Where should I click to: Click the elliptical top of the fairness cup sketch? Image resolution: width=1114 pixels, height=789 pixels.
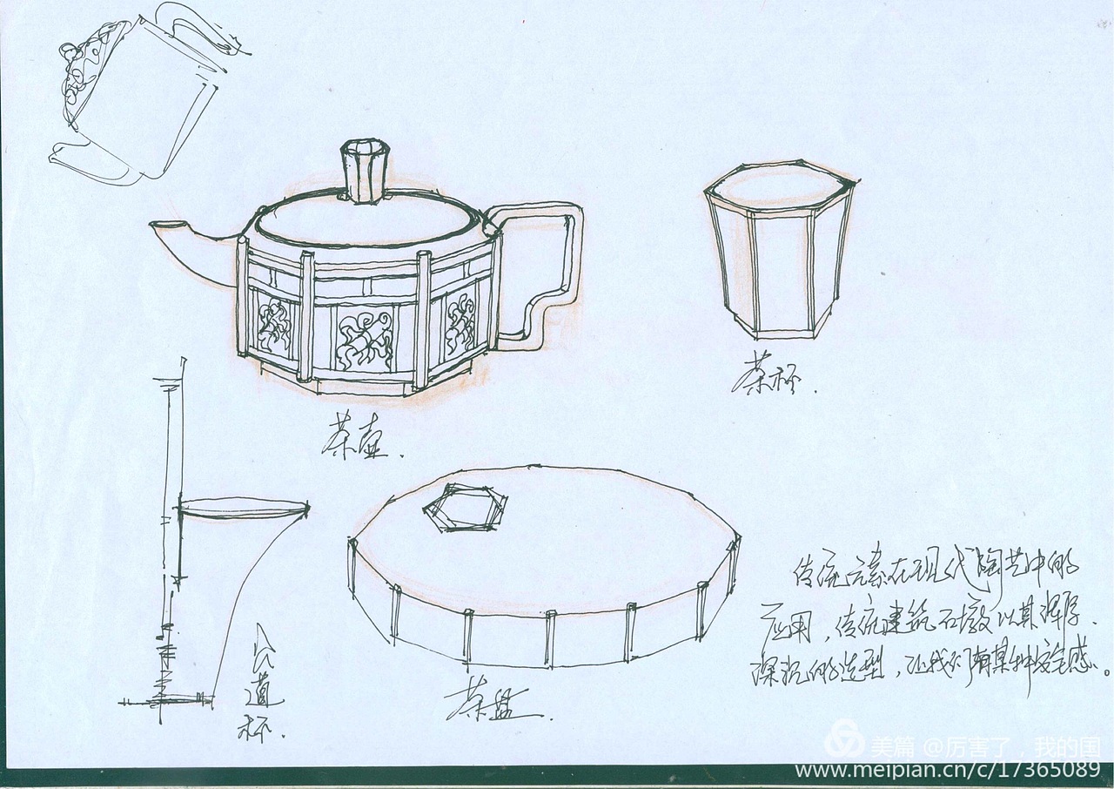point(244,508)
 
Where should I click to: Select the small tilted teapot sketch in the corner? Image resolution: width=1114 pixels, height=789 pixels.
point(139,96)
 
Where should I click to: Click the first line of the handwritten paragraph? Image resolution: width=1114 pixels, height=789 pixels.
point(936,570)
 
